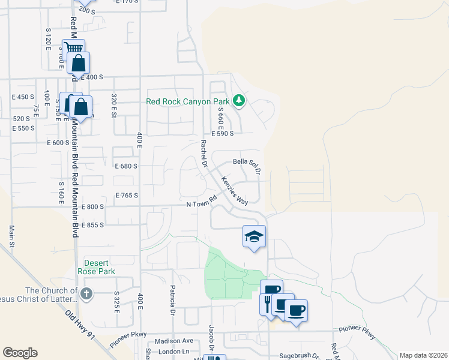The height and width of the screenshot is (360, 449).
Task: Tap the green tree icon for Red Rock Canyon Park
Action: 240,100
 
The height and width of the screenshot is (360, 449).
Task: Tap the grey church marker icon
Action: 87,293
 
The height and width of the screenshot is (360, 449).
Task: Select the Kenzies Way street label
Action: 234,190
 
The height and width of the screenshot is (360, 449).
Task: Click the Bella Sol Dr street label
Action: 247,165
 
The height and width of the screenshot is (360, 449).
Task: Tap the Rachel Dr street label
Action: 205,152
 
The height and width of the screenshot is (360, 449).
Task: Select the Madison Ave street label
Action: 173,341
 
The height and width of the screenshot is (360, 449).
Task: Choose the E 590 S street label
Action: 221,134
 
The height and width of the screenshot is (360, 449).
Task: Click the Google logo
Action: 20,353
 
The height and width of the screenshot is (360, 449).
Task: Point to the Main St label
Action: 12,235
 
